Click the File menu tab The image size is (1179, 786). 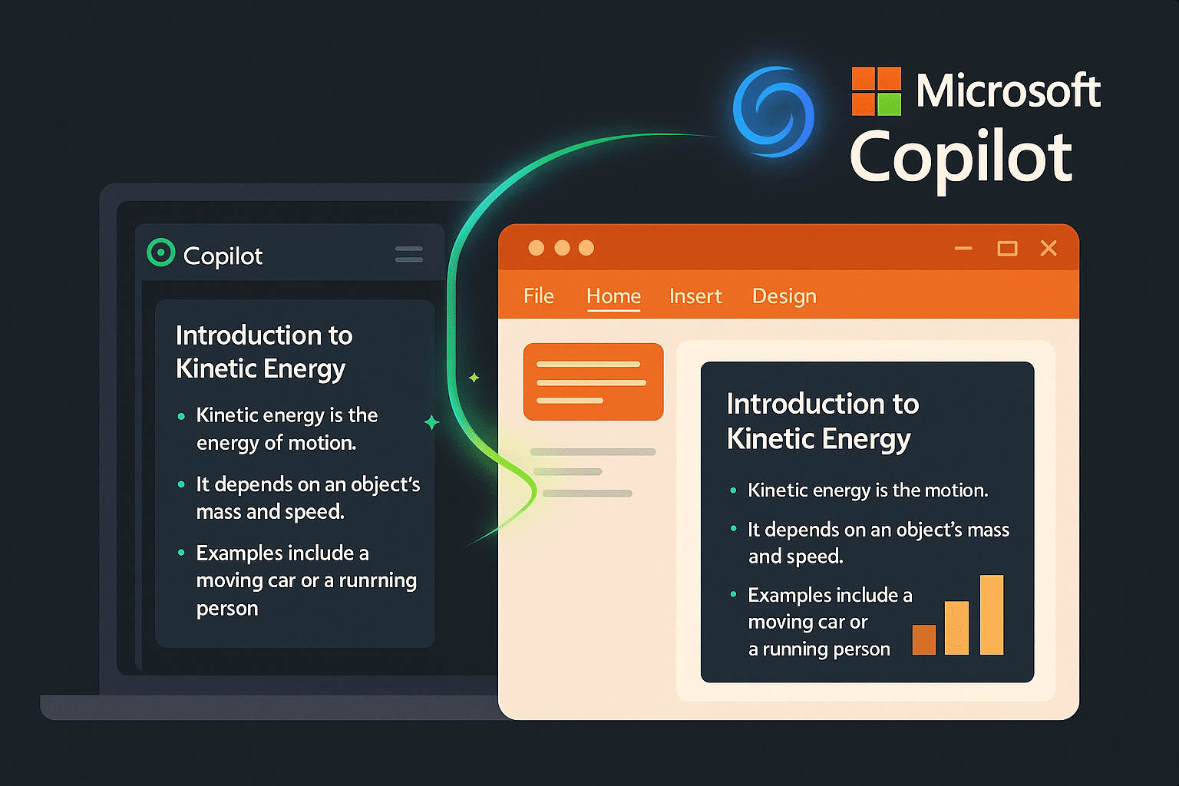[538, 296]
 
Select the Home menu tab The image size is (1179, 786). [613, 296]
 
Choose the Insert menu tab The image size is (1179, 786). [695, 296]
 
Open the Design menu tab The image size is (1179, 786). [784, 296]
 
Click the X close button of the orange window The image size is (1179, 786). [1049, 248]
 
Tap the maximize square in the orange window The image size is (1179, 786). [1007, 248]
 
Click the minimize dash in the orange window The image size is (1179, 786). [963, 248]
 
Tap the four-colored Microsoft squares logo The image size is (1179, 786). [876, 91]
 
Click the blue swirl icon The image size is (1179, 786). [773, 112]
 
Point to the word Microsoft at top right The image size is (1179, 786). [1008, 91]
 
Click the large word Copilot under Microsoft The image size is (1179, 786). [960, 157]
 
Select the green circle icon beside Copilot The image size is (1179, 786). [160, 253]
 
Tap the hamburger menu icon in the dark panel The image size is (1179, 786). [409, 254]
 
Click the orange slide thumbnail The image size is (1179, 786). [593, 381]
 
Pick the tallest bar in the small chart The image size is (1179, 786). [992, 615]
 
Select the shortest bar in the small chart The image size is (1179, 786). [924, 639]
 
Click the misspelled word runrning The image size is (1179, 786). [378, 581]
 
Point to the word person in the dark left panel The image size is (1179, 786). [227, 609]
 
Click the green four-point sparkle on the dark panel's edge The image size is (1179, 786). [432, 422]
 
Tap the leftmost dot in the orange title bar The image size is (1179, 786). [537, 248]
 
